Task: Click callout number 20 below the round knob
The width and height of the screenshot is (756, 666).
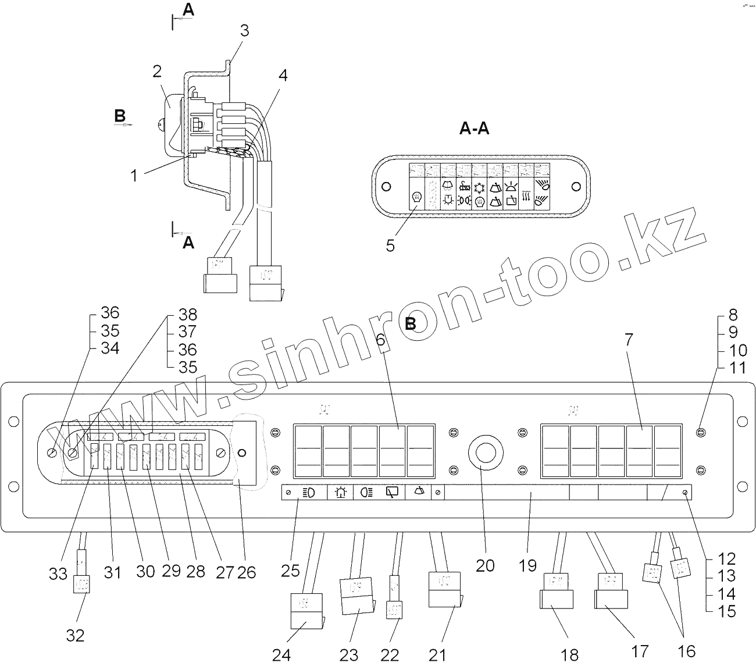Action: coord(485,565)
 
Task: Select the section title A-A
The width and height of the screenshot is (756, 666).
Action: coord(474,129)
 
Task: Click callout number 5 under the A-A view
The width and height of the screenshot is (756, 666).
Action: coord(390,246)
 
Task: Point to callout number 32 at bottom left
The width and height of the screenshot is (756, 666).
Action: coord(75,636)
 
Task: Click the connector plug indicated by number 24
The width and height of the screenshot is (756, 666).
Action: coord(305,611)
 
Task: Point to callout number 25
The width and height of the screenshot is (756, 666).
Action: coord(290,571)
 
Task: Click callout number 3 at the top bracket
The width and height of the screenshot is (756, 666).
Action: coord(244,30)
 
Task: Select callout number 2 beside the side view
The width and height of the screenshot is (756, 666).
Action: coord(156,72)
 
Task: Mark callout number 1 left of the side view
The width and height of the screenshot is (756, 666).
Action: coord(134,175)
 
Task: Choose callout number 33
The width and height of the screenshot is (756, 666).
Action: coord(58,574)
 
